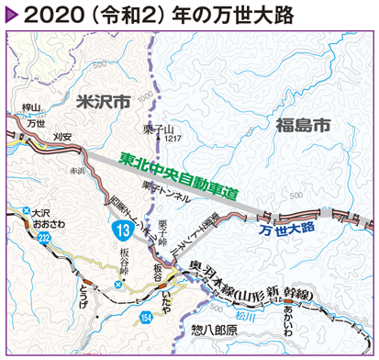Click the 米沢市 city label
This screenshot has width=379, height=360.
[x=100, y=102]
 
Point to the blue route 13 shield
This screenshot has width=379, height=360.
[x=121, y=228]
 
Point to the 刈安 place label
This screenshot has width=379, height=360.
[x=62, y=135]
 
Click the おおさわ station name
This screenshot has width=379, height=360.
[x=43, y=222]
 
